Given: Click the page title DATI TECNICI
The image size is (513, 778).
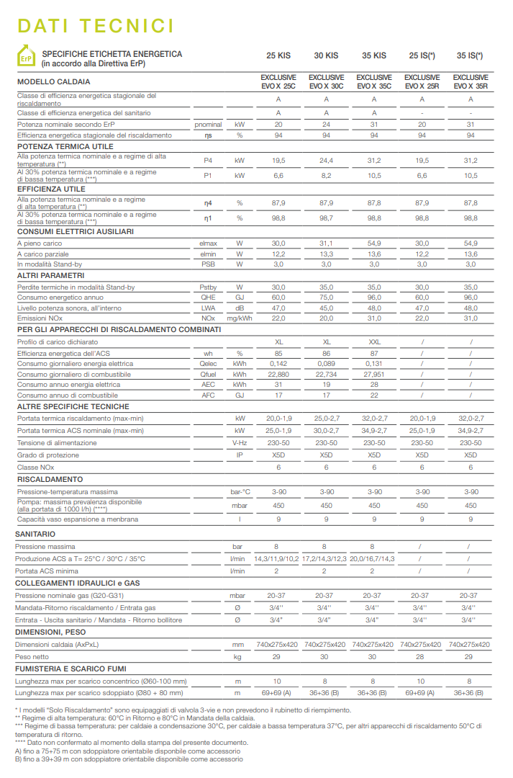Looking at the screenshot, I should point(96,26).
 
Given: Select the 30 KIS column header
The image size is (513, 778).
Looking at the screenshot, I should point(326,55).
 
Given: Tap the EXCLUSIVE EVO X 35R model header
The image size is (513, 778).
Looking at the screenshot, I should point(471,81).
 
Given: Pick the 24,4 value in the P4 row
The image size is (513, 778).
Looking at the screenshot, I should point(326,161).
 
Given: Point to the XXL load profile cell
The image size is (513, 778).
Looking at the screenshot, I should point(374,341).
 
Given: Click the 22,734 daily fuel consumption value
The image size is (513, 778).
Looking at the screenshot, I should point(326,375).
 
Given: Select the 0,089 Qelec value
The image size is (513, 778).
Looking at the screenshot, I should point(326,364).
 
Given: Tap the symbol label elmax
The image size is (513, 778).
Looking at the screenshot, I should point(208,243).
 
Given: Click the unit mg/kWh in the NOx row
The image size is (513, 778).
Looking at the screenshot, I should point(240,318).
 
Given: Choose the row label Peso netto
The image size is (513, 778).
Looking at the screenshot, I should point(33,657).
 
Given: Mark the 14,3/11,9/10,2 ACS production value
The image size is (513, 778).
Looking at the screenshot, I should point(278,559).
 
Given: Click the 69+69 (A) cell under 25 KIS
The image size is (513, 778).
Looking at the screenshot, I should point(278,693).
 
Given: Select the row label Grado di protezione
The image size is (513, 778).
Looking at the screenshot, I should point(47,455).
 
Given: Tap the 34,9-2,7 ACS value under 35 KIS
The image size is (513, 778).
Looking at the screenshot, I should point(374,431).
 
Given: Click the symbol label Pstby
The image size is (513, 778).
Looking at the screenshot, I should point(208,287).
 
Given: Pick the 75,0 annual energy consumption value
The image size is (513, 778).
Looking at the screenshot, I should point(326,298).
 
